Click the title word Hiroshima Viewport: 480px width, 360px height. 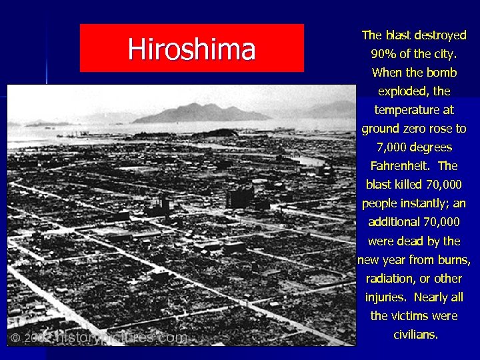[191, 49]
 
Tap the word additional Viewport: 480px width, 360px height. [394, 222]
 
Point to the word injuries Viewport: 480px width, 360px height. [386, 297]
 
